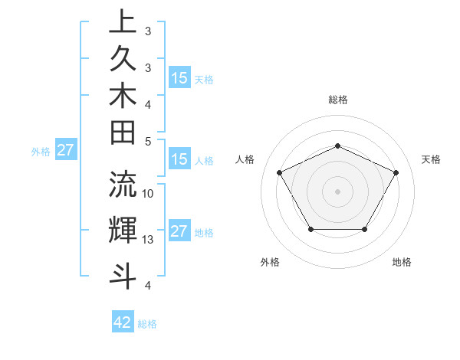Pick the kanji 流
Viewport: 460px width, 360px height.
tap(123, 184)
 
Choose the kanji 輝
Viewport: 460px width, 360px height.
tap(123, 230)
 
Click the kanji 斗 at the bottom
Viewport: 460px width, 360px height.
tap(123, 274)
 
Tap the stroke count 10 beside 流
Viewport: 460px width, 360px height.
tap(149, 193)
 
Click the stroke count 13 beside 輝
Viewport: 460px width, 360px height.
tap(149, 240)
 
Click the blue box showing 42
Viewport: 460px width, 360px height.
tap(123, 322)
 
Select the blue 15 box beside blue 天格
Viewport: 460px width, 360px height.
tap(179, 78)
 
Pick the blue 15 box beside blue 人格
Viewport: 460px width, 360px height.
tap(179, 160)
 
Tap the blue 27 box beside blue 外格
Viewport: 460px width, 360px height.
tap(66, 150)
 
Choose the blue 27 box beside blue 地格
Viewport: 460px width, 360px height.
tap(179, 231)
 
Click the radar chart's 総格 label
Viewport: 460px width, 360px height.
tap(338, 100)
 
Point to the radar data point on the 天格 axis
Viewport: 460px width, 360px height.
tap(396, 173)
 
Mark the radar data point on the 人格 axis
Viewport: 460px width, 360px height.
tap(280, 172)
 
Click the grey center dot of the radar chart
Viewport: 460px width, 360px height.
tap(338, 191)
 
